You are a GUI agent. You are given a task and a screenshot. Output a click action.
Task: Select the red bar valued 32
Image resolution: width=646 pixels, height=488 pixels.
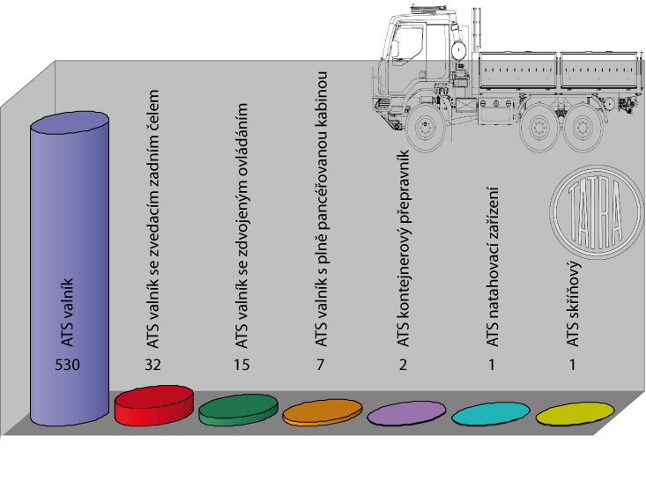pos(154,404)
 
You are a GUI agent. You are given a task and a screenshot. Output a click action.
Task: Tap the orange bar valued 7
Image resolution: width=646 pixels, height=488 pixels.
pos(323,411)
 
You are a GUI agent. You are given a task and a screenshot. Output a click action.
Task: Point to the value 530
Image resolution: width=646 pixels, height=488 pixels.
pos(70,365)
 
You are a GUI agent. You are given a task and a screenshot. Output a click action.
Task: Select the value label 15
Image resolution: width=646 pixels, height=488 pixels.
pos(239,365)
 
